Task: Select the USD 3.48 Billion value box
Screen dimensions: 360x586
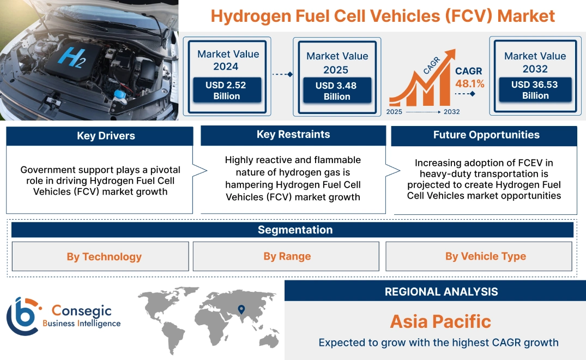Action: (x=337, y=91)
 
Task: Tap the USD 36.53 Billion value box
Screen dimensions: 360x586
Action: (x=535, y=90)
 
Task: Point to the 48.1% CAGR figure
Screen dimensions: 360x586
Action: (x=469, y=84)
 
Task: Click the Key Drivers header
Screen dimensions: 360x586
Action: (x=106, y=136)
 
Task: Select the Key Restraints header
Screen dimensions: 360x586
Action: (x=293, y=135)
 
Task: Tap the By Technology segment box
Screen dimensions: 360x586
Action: (x=104, y=256)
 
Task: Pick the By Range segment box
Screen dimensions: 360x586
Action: (x=287, y=256)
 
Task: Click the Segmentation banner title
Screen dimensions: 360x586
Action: (x=295, y=230)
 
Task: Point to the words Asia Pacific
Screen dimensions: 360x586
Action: (x=440, y=321)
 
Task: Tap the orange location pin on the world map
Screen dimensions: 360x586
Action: (x=240, y=310)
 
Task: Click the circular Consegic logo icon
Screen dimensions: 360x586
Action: (x=22, y=317)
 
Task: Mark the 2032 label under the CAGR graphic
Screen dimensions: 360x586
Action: (x=451, y=112)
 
